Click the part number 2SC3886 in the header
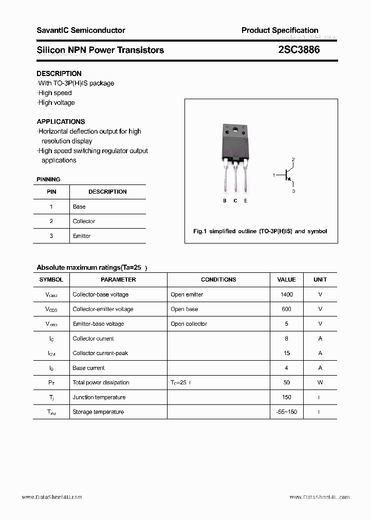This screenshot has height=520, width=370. coord(299,50)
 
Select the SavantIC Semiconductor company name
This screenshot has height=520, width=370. coord(81,30)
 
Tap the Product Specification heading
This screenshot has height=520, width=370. coord(280,30)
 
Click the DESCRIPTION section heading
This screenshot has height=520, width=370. coord(59,73)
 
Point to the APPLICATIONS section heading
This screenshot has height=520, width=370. coord(61,122)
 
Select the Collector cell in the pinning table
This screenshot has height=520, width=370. coord(84,221)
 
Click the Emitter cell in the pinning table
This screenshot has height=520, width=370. coord(82,236)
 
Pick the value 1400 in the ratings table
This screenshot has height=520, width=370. coord(286,294)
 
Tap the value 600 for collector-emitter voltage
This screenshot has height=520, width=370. coord(286,309)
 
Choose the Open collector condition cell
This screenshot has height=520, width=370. coord(189,324)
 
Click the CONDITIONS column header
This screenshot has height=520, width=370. coord(218,280)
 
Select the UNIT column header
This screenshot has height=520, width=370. coord(320,280)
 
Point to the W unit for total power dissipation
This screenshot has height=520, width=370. coord(320,382)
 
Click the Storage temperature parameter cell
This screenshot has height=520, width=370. coord(98,412)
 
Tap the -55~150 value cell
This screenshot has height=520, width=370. coord(286,412)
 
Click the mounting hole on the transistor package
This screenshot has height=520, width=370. coord(235,129)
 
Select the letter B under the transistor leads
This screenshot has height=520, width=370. coord(225,201)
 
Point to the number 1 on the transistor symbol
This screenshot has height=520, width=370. coord(274,175)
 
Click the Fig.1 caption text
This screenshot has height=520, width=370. coord(260,231)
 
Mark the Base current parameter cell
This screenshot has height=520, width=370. coord(88,368)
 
